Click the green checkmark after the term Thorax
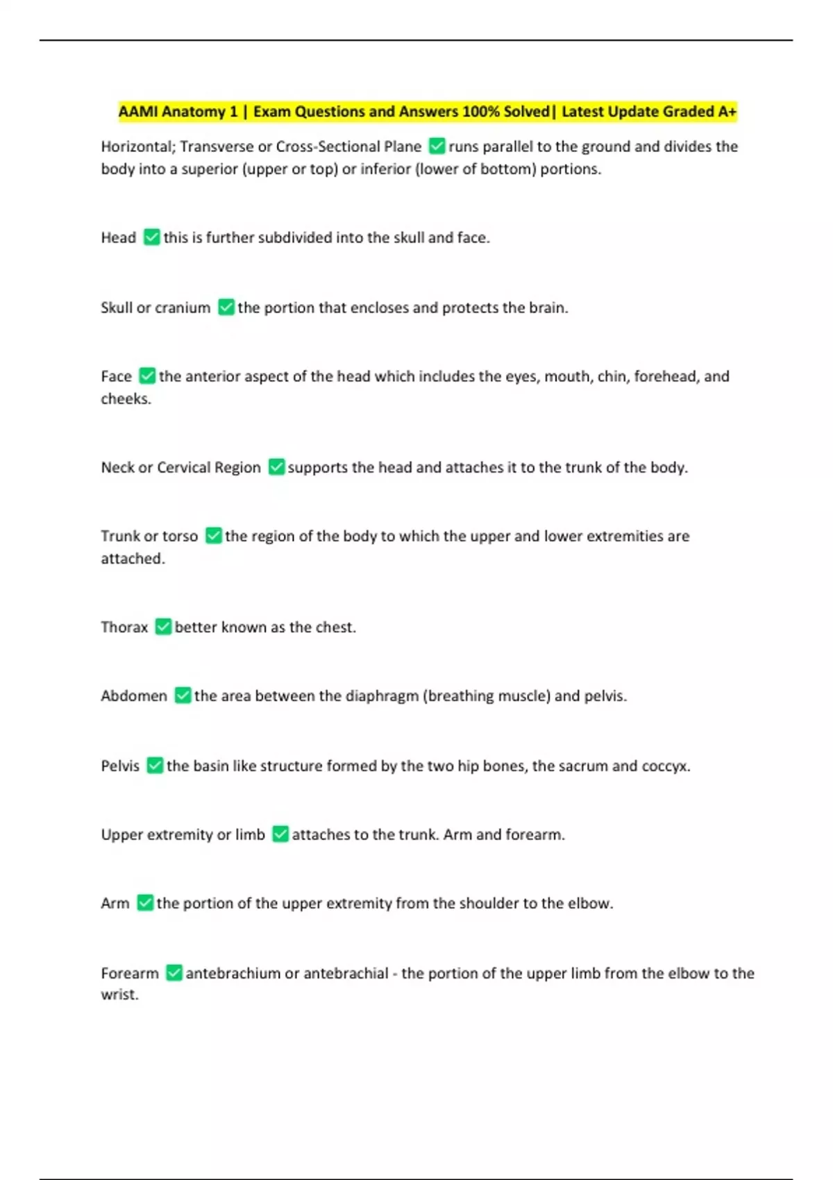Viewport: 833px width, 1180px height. (x=163, y=627)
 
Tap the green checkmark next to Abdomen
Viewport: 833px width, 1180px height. (x=183, y=696)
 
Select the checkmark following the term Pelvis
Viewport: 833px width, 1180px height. (x=155, y=766)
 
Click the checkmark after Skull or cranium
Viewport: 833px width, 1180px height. (x=226, y=307)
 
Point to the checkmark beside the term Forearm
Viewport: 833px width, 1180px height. (x=174, y=973)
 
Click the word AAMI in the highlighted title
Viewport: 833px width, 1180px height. (x=138, y=112)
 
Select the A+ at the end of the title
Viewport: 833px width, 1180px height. (x=727, y=112)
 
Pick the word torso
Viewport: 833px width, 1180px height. (x=180, y=536)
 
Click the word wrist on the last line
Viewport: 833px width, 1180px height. (x=119, y=995)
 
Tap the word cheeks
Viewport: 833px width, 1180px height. (x=125, y=398)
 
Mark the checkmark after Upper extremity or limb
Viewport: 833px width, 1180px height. (x=280, y=834)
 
